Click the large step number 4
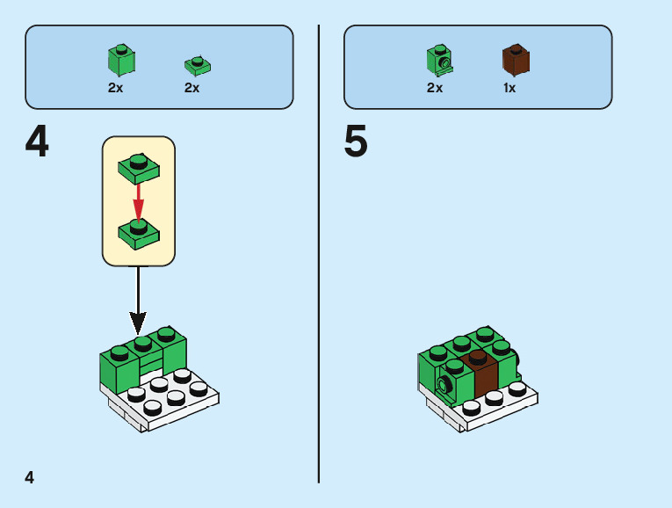point(37,142)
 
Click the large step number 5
point(356,142)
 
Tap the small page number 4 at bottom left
point(30,477)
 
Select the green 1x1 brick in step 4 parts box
point(121,60)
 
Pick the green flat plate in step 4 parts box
point(198,65)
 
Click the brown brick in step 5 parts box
point(516,59)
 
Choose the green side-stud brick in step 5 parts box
point(439,60)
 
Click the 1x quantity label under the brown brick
point(509,88)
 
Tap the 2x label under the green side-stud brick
point(435,88)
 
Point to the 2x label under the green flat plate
point(191,88)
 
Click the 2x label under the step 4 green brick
point(116,88)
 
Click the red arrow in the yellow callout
point(138,200)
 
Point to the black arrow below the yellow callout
point(138,299)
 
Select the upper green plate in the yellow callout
point(138,167)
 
